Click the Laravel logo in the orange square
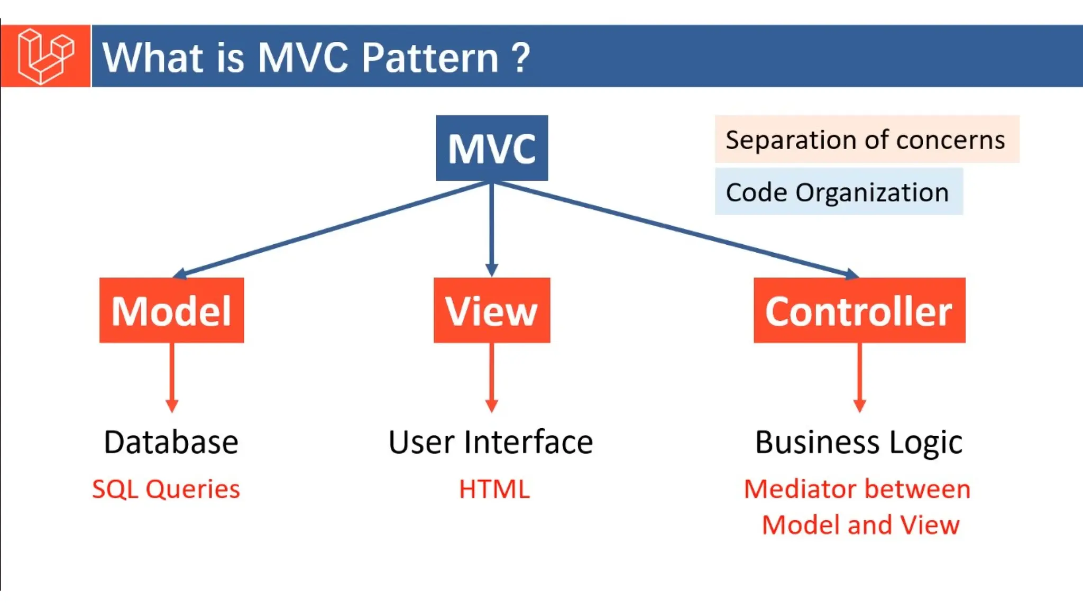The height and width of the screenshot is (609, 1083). click(45, 56)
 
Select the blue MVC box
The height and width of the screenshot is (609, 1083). click(492, 148)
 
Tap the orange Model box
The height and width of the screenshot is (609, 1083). click(171, 310)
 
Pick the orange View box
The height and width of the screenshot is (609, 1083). click(492, 310)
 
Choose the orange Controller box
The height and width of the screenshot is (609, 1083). click(859, 310)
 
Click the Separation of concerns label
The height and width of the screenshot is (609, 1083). click(866, 140)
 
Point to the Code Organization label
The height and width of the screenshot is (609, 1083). click(838, 192)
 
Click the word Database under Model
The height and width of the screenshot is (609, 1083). click(171, 442)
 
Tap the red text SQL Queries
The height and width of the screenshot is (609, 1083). click(166, 489)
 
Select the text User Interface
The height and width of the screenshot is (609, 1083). click(491, 442)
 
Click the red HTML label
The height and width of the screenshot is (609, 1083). click(494, 489)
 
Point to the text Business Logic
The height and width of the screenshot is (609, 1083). click(859, 442)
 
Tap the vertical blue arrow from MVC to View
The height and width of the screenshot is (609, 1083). click(492, 227)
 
